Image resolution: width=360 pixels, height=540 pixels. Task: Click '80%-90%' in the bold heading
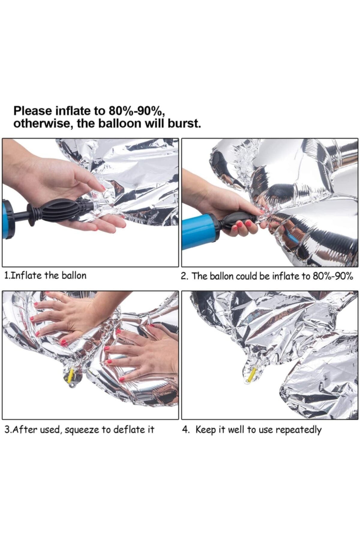pos(135,111)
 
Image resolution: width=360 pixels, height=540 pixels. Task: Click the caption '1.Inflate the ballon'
pos(45,275)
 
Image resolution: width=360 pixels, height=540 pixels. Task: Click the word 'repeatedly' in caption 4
pos(298,430)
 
